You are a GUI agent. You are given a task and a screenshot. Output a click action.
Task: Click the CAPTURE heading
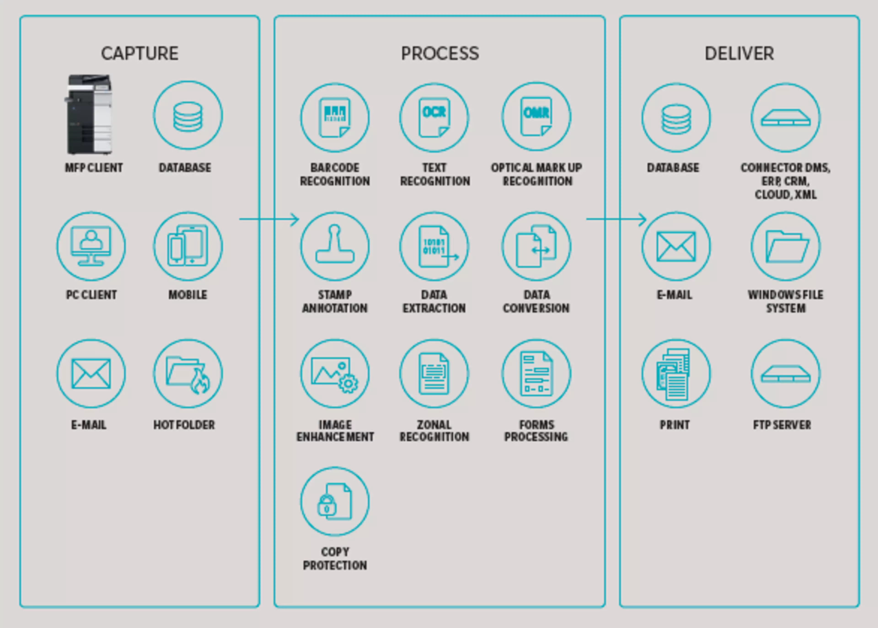[140, 53]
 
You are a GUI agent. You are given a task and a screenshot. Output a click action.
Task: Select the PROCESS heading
[440, 53]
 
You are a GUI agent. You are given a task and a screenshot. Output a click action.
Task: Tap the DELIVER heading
[739, 53]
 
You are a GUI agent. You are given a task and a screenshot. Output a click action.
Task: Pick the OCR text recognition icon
[434, 117]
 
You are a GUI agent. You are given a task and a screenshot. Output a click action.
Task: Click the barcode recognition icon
[335, 117]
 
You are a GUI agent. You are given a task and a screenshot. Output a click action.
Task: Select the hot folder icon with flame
[188, 374]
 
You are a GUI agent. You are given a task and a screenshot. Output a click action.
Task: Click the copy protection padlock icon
[335, 502]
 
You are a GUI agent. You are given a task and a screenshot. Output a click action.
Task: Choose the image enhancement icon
[335, 374]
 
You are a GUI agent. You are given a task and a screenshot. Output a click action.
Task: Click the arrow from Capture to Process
[269, 219]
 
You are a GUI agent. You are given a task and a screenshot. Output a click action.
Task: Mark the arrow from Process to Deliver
[616, 219]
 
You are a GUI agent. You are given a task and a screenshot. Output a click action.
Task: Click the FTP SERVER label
[782, 425]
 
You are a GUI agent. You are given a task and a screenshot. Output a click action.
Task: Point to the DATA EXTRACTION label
[434, 302]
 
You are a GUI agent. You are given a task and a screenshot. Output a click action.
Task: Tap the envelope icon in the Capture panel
[91, 374]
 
